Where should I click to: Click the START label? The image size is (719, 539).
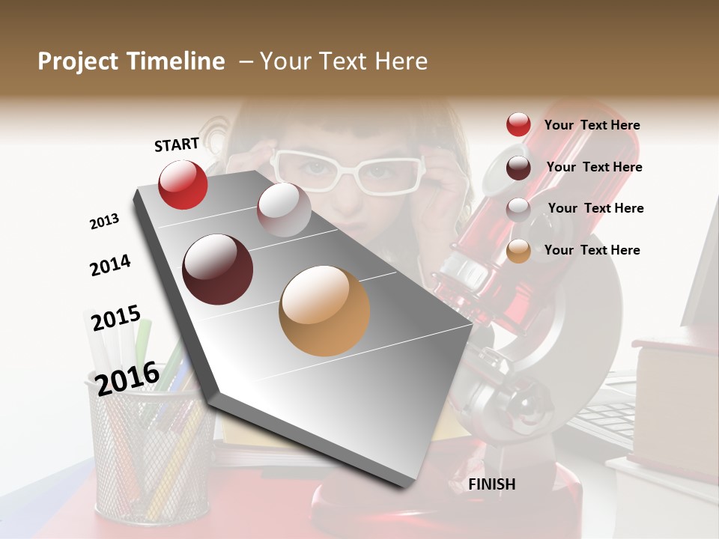(x=177, y=144)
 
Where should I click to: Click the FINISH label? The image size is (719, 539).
(x=491, y=484)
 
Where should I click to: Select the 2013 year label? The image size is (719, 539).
(x=105, y=221)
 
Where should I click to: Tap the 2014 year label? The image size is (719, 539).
(x=110, y=265)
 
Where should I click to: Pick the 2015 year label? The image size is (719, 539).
(x=116, y=318)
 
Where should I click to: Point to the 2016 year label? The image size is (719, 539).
(x=127, y=378)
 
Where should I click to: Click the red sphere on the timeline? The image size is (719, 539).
(x=183, y=184)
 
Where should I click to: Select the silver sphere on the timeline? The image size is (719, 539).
(x=284, y=210)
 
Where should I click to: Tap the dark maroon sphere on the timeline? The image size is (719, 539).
(x=218, y=269)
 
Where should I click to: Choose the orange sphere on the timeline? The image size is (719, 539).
(x=324, y=311)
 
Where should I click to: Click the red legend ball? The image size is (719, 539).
(x=518, y=125)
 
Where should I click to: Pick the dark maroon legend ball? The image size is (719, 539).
(x=518, y=168)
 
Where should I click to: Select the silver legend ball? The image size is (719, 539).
(x=518, y=209)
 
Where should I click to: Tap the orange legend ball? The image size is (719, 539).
(x=518, y=251)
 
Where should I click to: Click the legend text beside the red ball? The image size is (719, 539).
(x=592, y=125)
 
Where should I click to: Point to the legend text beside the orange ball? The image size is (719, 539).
(x=592, y=250)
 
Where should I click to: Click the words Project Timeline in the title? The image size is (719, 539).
(x=131, y=61)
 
